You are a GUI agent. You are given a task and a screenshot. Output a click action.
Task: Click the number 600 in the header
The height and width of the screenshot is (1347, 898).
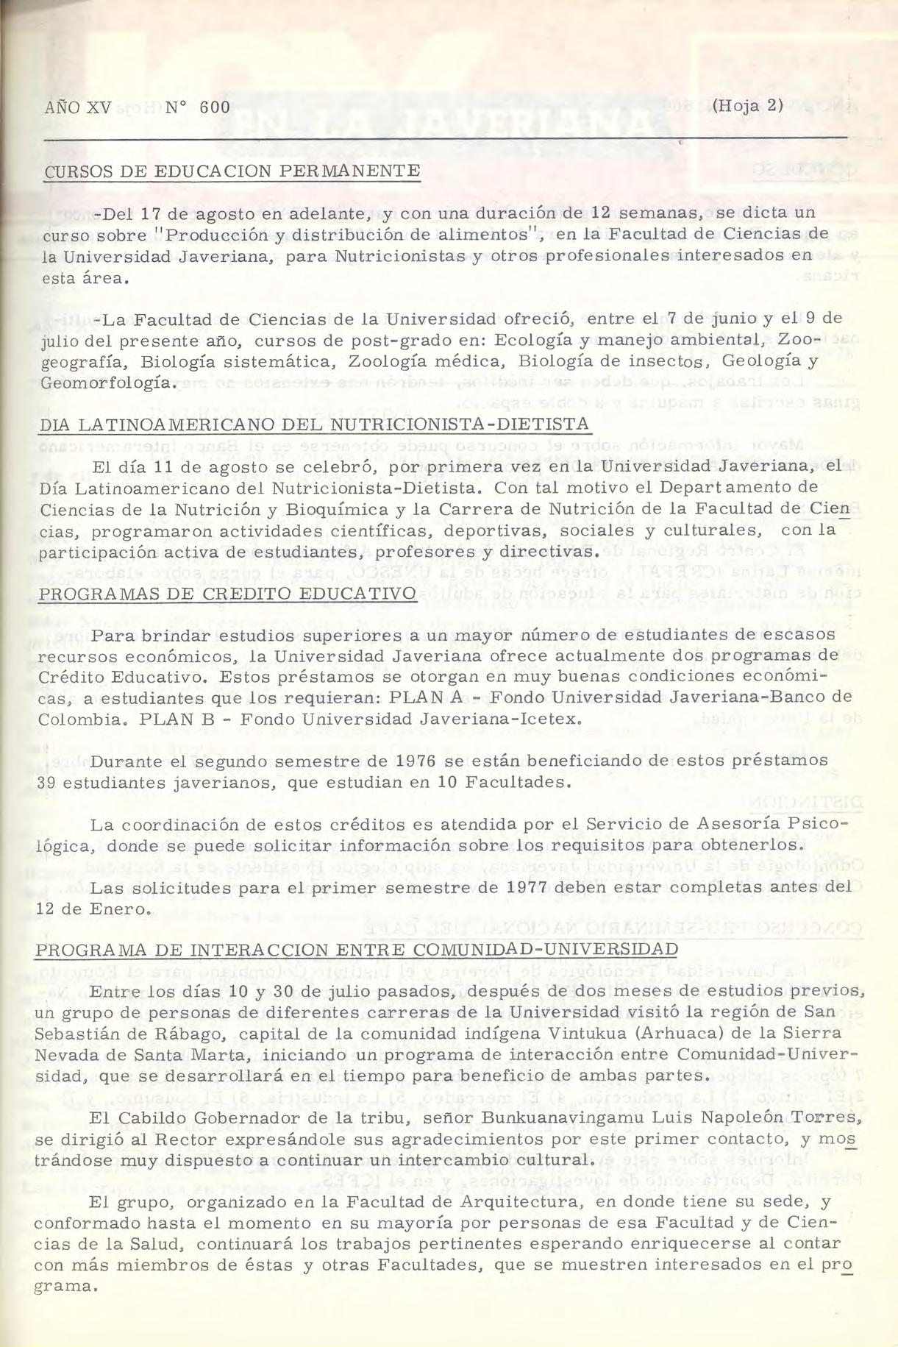pos(215,107)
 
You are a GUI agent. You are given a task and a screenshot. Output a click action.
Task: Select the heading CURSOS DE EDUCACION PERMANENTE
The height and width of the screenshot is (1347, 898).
pos(232,171)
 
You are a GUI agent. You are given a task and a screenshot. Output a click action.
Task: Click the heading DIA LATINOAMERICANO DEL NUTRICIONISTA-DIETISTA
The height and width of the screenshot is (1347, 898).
pos(316,425)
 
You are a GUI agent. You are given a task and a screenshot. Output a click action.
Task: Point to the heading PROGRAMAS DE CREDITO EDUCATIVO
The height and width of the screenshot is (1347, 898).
pos(227,593)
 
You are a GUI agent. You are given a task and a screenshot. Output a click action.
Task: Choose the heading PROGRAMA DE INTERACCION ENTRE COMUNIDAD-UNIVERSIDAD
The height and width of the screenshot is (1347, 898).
pos(357,949)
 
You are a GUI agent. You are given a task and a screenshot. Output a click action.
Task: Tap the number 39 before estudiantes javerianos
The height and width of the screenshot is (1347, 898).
pos(48,781)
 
